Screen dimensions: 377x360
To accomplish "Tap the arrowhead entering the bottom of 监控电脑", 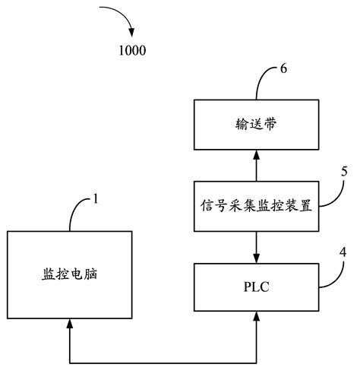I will [69, 325].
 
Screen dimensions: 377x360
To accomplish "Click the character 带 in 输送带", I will [273, 125].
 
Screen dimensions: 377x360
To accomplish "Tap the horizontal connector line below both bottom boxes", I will [163, 360].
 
